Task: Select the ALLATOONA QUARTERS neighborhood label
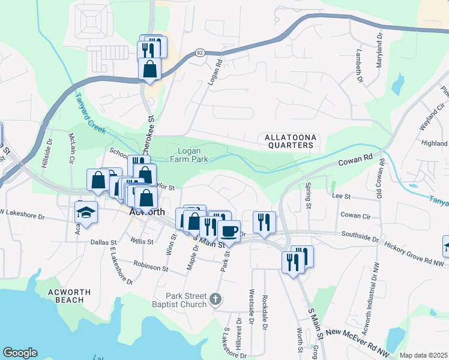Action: [x=290, y=141]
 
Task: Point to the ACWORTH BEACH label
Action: [x=70, y=296]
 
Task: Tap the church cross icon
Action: [x=216, y=298]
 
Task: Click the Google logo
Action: [x=20, y=353]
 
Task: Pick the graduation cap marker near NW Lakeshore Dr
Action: [x=86, y=212]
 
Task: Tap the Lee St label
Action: [x=341, y=196]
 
